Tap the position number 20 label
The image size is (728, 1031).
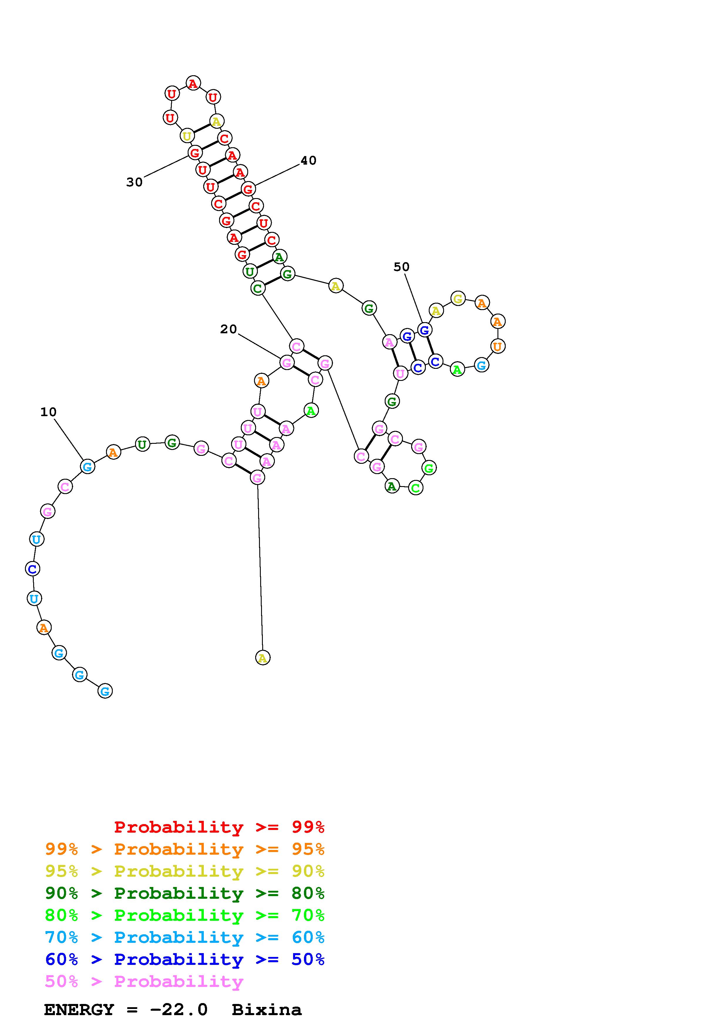coord(228,329)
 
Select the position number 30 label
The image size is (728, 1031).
coord(134,182)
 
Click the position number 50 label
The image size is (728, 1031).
coord(401,267)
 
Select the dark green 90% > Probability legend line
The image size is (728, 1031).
coord(184,893)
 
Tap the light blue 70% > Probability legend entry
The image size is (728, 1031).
coord(184,937)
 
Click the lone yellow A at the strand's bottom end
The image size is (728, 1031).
coord(263,658)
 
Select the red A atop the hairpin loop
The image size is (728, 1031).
coord(193,83)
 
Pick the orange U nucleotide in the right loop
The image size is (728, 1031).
coord(497,346)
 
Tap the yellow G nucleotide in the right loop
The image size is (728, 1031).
coord(458,298)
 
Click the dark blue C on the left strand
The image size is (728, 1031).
coord(32,569)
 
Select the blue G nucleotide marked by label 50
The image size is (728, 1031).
coord(424,330)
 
